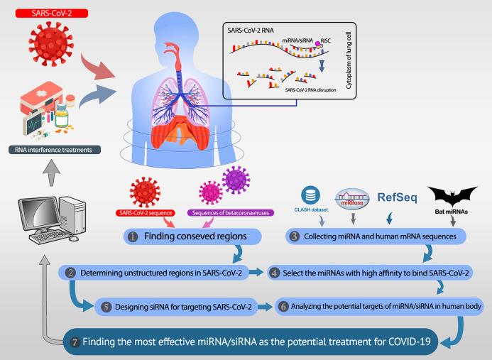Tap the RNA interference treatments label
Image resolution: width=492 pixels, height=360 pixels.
[x=57, y=149]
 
